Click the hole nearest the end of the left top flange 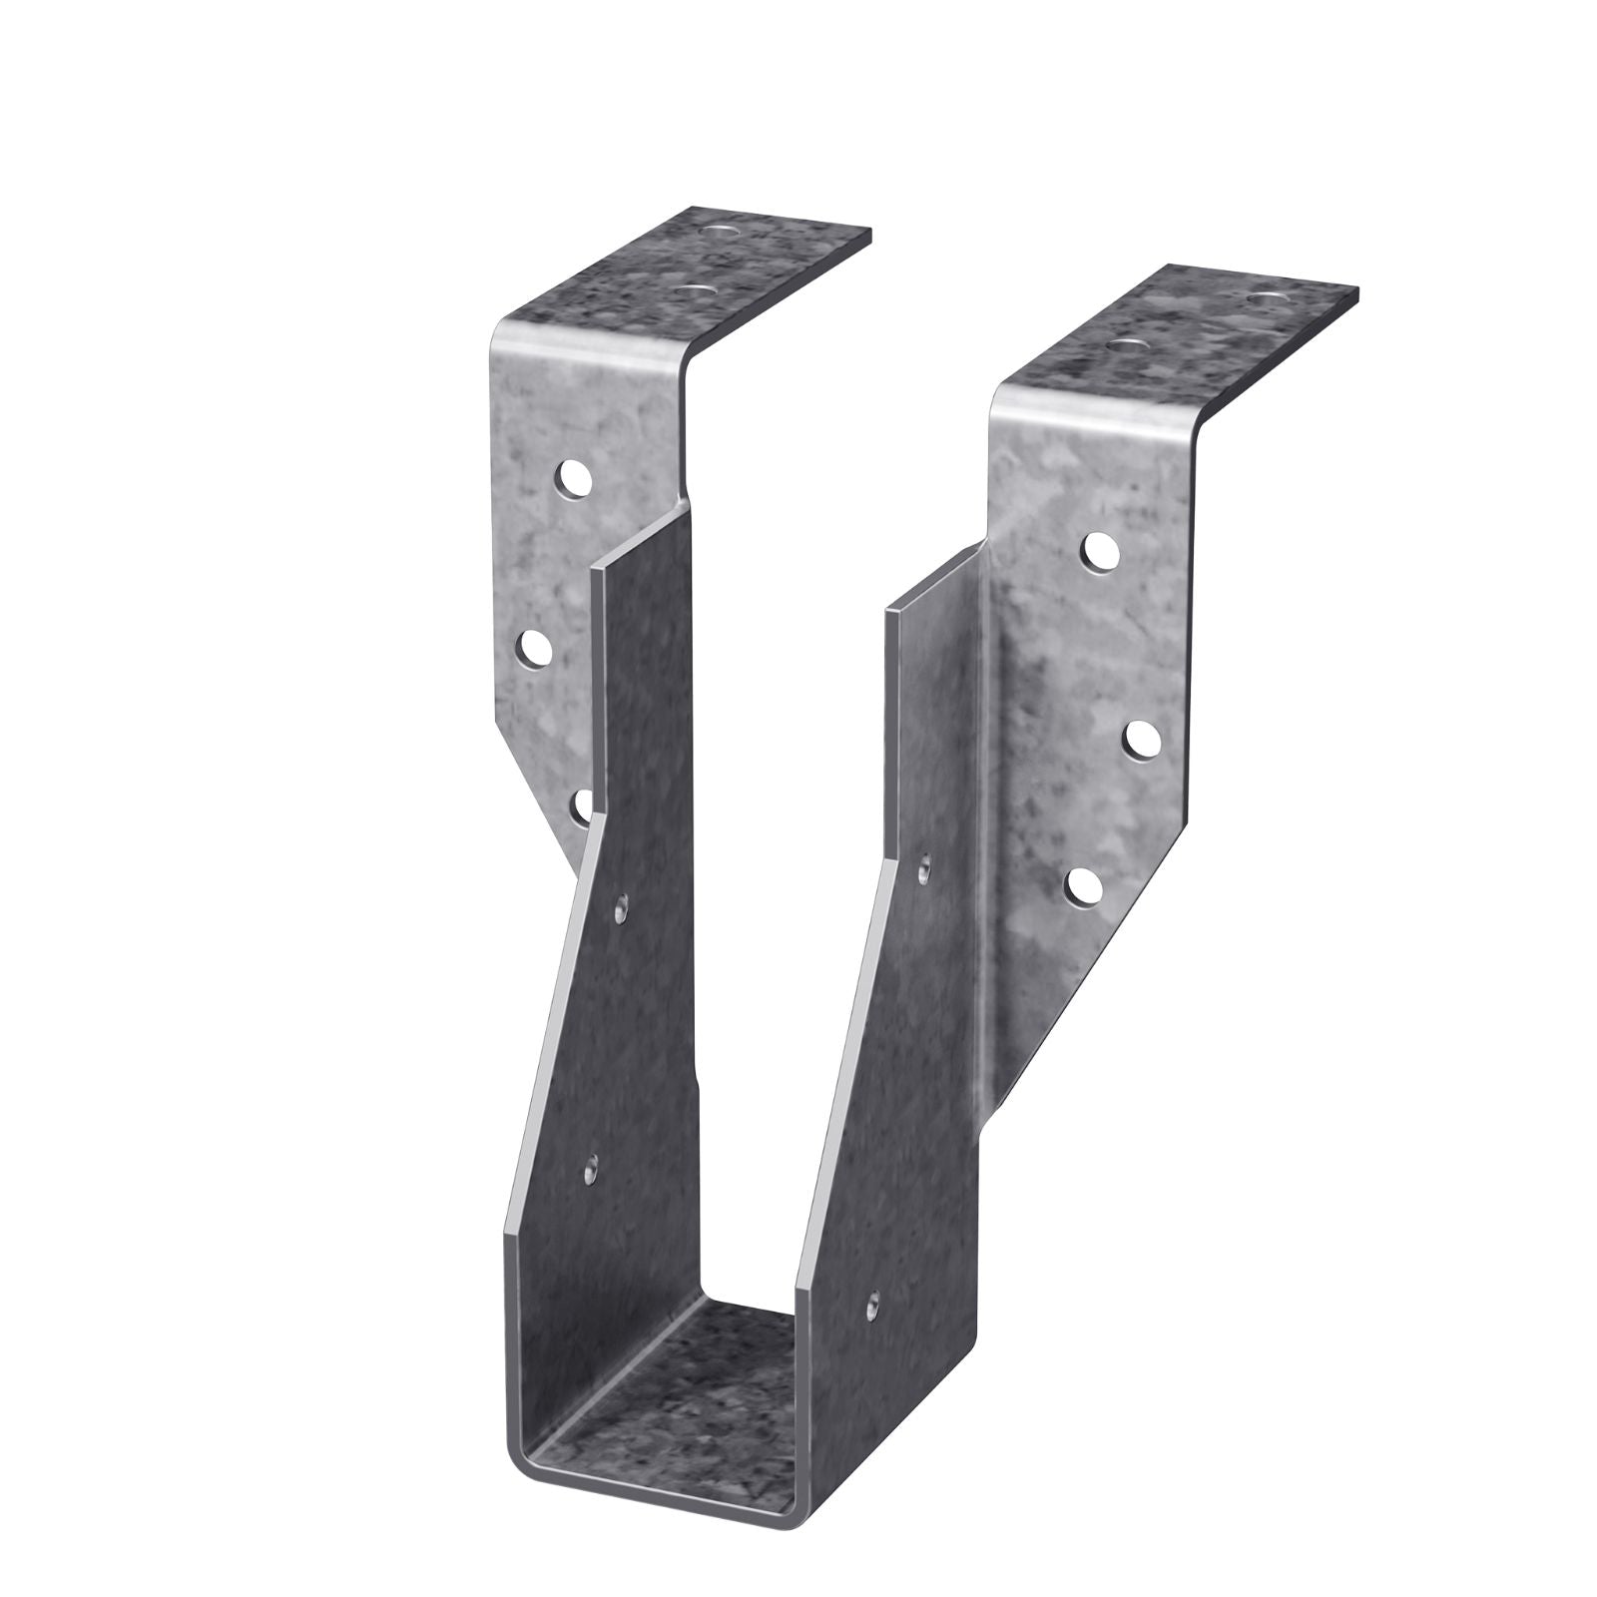click(722, 233)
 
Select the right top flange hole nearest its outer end click(1267, 298)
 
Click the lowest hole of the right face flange click(1083, 883)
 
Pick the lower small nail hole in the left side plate click(591, 1166)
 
